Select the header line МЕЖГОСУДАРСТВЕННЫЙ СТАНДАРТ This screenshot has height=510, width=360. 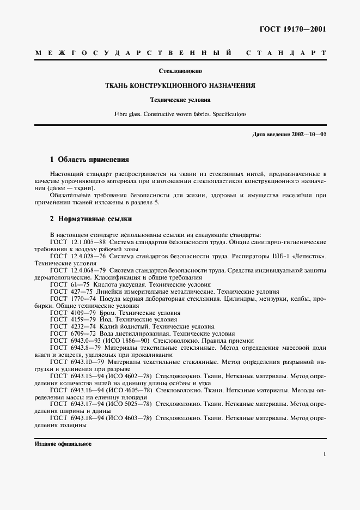(180, 53)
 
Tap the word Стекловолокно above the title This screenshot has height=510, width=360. (180, 71)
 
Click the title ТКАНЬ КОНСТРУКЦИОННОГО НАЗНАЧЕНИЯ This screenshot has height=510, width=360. (180, 86)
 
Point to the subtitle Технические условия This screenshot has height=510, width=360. (180, 100)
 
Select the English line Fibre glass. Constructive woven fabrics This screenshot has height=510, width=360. (180, 114)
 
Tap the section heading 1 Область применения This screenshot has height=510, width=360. (89, 160)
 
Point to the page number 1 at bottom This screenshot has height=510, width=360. (324, 453)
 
